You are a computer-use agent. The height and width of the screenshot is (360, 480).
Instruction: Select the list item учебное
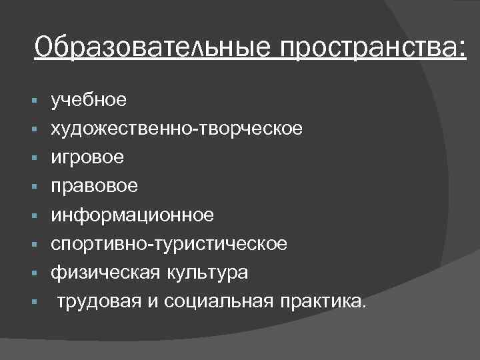(x=88, y=100)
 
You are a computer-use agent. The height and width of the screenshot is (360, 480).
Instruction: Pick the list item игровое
(x=87, y=157)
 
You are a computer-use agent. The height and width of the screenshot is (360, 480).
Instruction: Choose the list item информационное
(x=133, y=215)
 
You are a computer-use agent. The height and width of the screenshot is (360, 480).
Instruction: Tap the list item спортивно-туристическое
(x=169, y=243)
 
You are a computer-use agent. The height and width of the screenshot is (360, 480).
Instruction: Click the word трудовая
(x=99, y=301)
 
